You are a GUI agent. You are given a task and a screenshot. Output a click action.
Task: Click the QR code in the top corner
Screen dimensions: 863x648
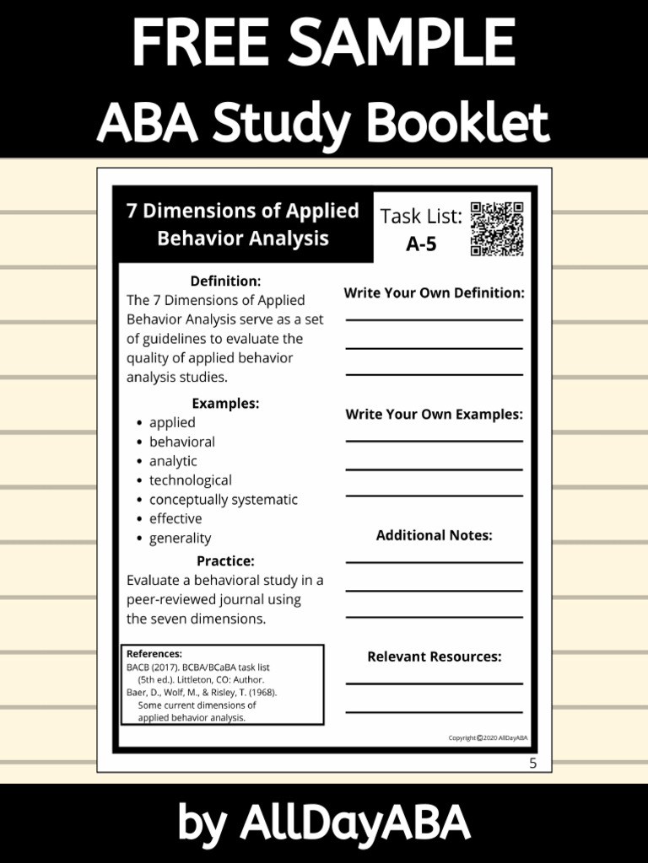tap(497, 228)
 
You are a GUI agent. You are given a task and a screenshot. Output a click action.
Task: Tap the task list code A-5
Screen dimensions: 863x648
tap(421, 244)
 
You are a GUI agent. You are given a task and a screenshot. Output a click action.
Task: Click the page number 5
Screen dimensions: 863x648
tap(532, 764)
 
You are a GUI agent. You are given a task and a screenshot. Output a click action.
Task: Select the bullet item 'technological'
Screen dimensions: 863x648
tap(190, 480)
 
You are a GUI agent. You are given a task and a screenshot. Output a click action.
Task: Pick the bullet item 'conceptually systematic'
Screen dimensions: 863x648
tap(223, 499)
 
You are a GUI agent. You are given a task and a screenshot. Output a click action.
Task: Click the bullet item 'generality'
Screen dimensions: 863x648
tap(180, 538)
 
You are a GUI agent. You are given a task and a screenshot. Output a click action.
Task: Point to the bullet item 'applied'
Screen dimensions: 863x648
tap(172, 422)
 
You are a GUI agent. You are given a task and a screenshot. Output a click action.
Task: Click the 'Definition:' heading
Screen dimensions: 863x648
tap(225, 281)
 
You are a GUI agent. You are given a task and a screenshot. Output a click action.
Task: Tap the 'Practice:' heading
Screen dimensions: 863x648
tap(225, 560)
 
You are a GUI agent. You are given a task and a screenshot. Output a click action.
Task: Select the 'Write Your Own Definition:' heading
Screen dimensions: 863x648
tap(434, 293)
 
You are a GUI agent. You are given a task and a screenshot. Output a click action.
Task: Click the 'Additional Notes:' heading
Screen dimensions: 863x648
tap(434, 535)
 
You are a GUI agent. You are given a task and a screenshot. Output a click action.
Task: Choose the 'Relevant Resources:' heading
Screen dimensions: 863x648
tap(434, 657)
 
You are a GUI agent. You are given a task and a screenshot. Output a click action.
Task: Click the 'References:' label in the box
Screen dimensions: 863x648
tap(154, 653)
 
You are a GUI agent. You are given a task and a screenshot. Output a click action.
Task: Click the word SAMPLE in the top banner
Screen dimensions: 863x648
tap(397, 41)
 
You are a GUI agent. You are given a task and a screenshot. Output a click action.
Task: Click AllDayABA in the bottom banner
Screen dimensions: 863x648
tap(354, 823)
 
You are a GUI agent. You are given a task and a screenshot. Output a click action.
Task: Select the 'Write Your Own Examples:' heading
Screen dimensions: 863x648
tap(434, 415)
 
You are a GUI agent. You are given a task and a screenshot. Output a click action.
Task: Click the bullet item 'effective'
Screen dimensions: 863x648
tap(175, 518)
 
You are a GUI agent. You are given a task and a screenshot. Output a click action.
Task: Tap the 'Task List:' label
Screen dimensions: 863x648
tap(421, 217)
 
